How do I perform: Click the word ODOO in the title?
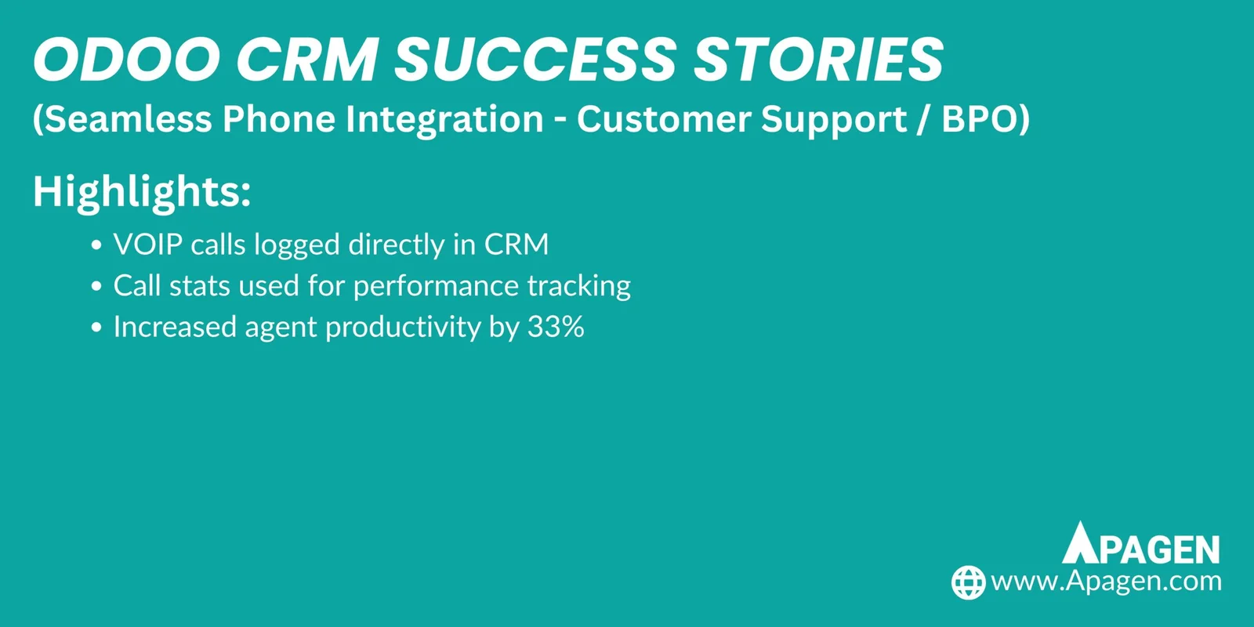(127, 60)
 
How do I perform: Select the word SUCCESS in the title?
(535, 60)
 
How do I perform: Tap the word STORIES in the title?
(819, 60)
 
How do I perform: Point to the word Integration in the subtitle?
(444, 119)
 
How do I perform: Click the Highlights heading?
(142, 191)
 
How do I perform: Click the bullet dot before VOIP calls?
(96, 246)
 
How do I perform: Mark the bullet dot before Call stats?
(96, 287)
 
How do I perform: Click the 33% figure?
(556, 327)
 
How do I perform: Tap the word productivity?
(403, 328)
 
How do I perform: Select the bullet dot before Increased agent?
(96, 328)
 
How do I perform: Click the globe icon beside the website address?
(968, 582)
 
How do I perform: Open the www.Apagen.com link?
(1106, 582)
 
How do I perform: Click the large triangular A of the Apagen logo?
(1081, 543)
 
